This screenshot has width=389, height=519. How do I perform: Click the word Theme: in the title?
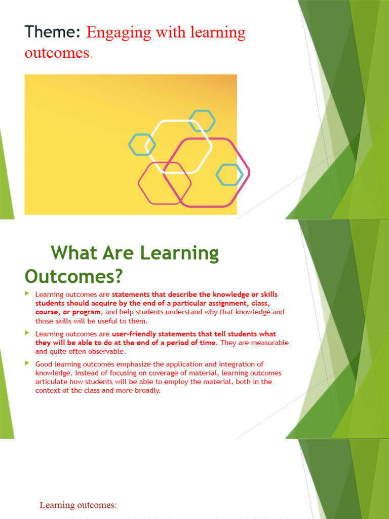pyautogui.click(x=53, y=32)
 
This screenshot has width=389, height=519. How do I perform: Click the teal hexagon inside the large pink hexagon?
pyautogui.click(x=229, y=174)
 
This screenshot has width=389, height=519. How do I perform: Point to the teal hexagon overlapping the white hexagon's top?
pyautogui.click(x=202, y=121)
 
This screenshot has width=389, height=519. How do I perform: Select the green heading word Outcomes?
pyautogui.click(x=74, y=277)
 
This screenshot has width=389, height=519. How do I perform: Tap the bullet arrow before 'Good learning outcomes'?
pyautogui.click(x=27, y=363)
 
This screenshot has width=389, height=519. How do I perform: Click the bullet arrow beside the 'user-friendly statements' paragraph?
pyautogui.click(x=27, y=333)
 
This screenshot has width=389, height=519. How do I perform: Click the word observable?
pyautogui.click(x=106, y=351)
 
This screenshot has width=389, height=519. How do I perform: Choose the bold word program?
pyautogui.click(x=87, y=312)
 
